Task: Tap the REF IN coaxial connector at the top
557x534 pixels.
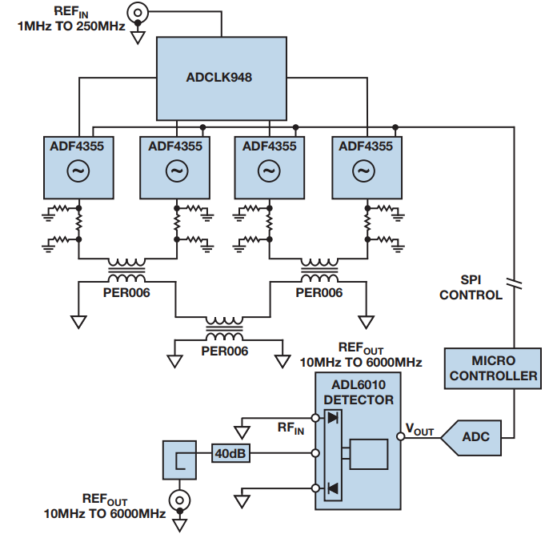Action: click(138, 13)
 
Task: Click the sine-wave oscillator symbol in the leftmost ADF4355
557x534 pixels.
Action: click(78, 171)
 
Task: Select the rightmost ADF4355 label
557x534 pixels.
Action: click(366, 147)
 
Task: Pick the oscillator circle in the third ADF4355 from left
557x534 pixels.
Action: click(269, 171)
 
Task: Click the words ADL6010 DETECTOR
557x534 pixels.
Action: click(357, 392)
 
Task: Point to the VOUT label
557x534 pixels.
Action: click(419, 431)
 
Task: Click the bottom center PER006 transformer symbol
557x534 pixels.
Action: click(224, 326)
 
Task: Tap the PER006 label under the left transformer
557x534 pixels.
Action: click(127, 292)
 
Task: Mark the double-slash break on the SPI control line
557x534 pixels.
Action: click(512, 283)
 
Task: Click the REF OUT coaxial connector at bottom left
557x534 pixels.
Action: click(181, 501)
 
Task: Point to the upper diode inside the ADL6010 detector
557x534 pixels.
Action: click(332, 417)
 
